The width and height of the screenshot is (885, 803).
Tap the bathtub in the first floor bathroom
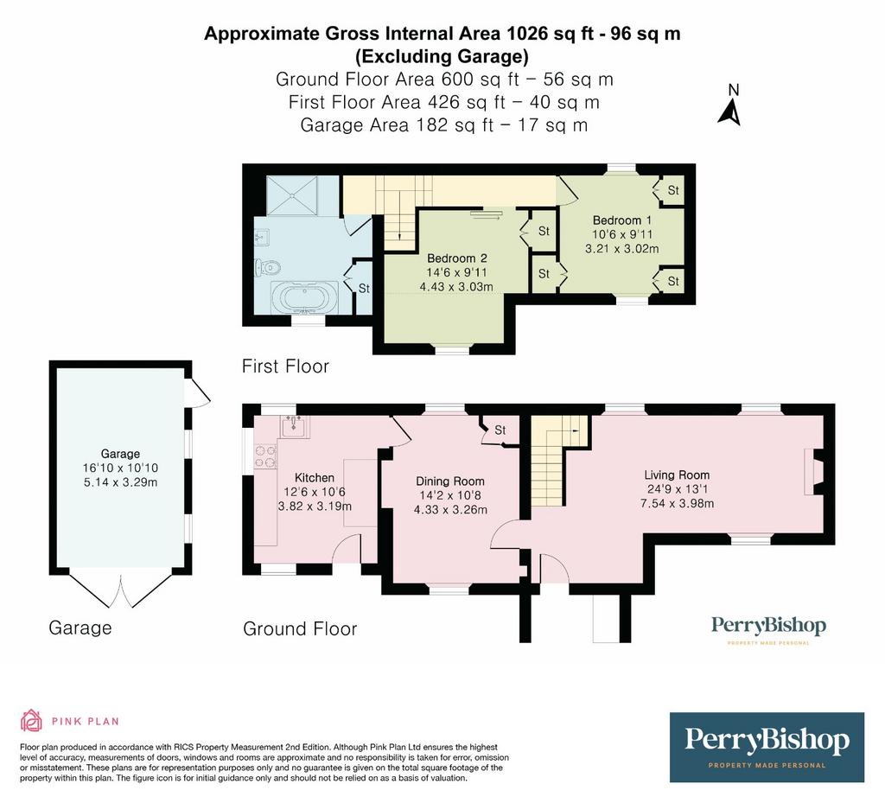305,296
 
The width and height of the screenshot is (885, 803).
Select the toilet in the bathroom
268,265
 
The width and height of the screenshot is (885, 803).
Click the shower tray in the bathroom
292,195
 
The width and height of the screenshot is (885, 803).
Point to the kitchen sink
294,426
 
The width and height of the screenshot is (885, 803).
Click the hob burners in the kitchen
265,457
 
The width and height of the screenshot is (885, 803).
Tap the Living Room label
677,475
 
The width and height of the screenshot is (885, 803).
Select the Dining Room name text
449,481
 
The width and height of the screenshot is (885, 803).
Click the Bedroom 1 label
622,220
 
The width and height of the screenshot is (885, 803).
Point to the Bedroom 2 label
456,258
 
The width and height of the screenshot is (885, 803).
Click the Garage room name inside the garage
120,454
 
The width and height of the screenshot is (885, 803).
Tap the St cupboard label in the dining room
500,430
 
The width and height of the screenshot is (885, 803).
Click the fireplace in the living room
813,472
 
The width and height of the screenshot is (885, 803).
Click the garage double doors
120,590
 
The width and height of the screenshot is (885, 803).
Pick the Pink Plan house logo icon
32,721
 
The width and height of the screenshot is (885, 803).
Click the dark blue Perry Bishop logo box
767,747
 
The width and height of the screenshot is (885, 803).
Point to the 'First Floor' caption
285,366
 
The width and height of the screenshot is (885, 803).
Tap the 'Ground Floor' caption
300,628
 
